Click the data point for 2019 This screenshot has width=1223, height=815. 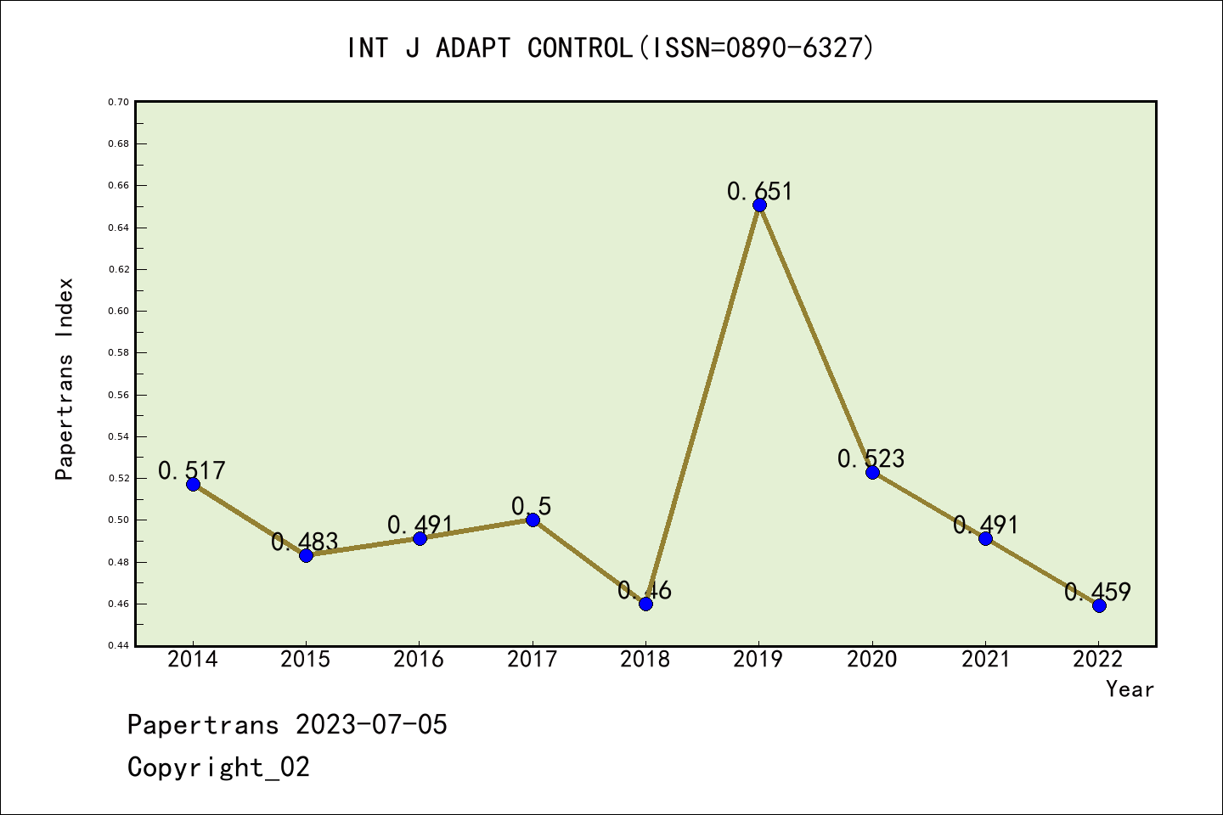[759, 205]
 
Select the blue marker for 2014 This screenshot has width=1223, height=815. [193, 484]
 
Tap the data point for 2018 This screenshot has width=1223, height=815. [645, 604]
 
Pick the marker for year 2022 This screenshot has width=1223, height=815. [1099, 605]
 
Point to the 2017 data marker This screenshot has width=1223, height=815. [533, 520]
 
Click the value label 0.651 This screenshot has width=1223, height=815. [759, 191]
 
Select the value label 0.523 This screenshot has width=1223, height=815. [871, 458]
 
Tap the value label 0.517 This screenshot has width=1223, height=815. [192, 470]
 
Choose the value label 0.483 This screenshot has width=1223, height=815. [305, 542]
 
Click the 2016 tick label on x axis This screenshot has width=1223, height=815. [419, 659]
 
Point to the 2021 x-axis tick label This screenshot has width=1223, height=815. [985, 659]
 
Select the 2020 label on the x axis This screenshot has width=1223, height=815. [872, 659]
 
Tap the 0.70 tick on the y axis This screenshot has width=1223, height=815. [118, 102]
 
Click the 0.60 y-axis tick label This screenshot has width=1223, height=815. [118, 311]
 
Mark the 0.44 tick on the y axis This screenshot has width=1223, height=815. [118, 645]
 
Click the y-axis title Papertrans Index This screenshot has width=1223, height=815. [65, 379]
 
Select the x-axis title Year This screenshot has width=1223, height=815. [1130, 689]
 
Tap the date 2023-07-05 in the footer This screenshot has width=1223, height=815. [371, 725]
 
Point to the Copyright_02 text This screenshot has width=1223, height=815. [218, 767]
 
